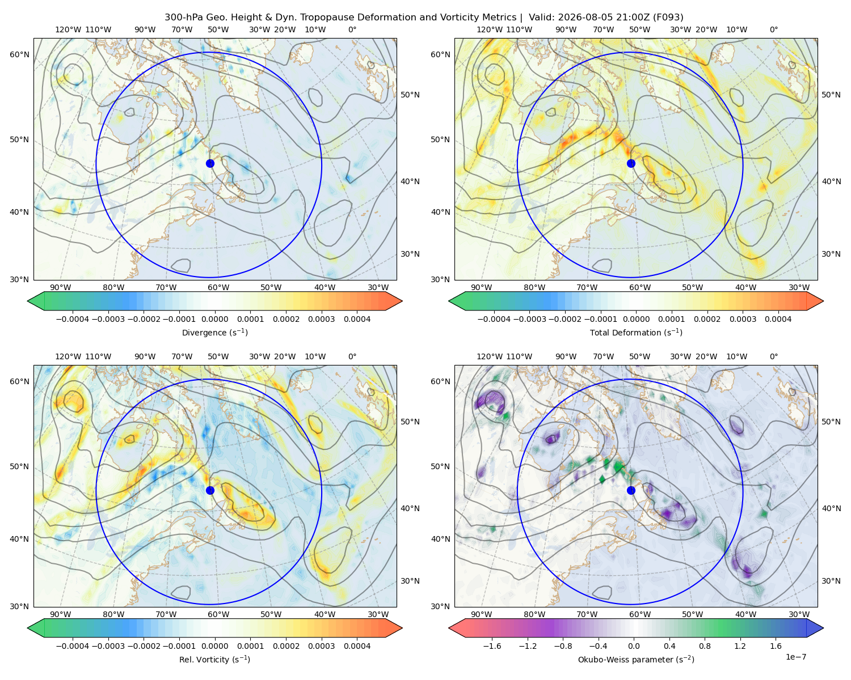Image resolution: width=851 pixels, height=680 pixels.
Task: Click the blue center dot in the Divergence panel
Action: coord(210,164)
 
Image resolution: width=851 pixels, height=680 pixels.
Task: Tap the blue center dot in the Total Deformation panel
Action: coord(631,164)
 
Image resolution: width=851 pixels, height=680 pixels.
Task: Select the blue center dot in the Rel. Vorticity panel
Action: coord(210,490)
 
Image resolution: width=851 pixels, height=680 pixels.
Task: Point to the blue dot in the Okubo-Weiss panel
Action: coord(631,490)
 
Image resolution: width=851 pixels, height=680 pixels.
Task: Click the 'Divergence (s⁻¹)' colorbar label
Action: coord(214,333)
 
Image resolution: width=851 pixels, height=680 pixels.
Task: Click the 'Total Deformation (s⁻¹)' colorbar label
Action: coord(636,333)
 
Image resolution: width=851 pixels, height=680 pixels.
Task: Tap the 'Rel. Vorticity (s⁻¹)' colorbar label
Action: coord(214,660)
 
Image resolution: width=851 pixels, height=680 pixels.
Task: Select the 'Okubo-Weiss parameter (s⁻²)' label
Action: coord(636,660)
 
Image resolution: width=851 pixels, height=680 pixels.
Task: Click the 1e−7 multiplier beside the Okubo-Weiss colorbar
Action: coord(795,657)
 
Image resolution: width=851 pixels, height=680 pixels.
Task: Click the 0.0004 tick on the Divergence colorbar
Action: coord(357,319)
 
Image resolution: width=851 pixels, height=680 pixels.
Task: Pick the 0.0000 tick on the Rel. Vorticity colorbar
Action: coord(214,646)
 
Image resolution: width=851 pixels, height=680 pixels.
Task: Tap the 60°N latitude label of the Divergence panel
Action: coord(19,54)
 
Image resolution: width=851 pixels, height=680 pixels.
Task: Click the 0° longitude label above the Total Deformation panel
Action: coord(774,29)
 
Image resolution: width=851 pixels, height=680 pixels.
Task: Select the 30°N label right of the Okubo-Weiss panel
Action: coord(831,581)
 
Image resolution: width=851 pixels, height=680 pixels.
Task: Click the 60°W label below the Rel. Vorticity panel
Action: coord(218,614)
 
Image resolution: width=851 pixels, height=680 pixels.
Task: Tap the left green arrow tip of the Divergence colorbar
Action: coord(28,301)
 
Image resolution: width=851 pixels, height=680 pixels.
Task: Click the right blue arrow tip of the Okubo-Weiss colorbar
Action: coord(823,628)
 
